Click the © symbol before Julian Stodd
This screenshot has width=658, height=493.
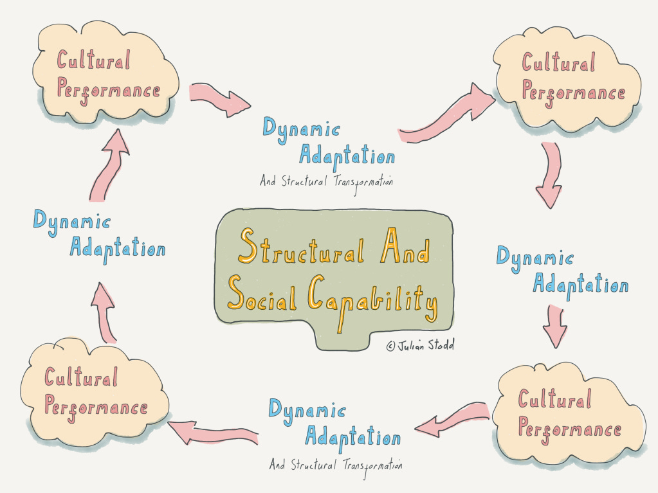tap(390, 346)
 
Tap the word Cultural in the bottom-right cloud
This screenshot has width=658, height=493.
tap(554, 400)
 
